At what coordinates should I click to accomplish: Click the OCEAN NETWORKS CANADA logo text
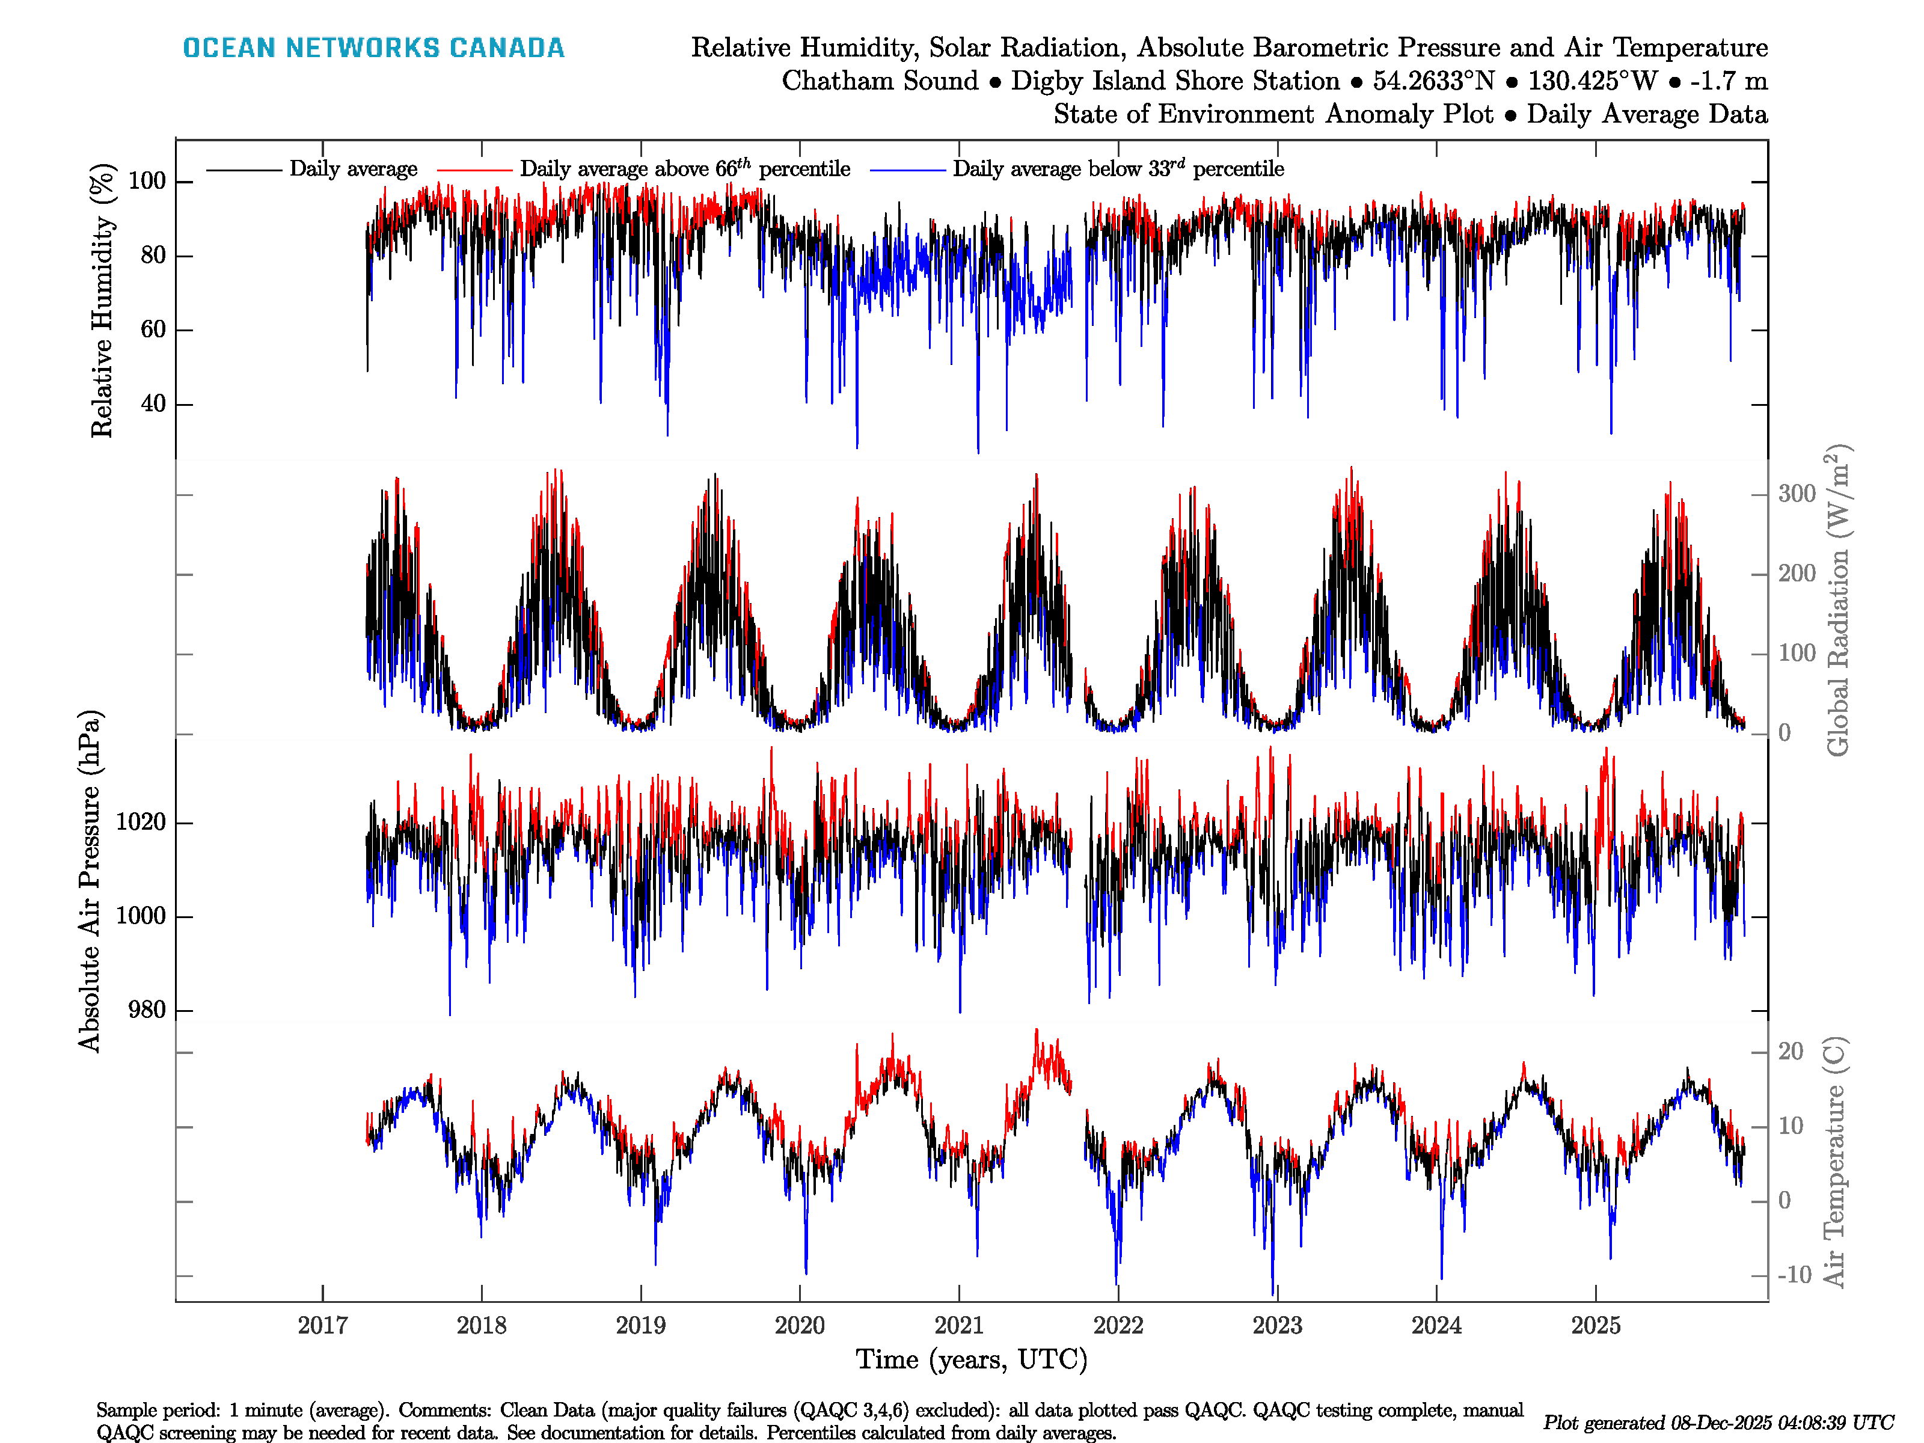pyautogui.click(x=373, y=48)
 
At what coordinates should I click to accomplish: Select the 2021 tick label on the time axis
pyautogui.click(x=958, y=1326)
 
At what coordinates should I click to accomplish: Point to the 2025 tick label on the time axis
pyautogui.click(x=1595, y=1326)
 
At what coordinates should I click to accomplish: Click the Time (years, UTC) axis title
pyautogui.click(x=972, y=1359)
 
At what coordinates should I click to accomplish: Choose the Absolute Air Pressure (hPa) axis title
pyautogui.click(x=90, y=881)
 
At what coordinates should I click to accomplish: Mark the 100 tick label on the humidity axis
pyautogui.click(x=147, y=181)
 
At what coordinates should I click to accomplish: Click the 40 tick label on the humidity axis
pyautogui.click(x=153, y=403)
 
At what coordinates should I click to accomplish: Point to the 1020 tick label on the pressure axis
pyautogui.click(x=140, y=822)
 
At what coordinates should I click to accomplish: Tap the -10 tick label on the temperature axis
pyautogui.click(x=1794, y=1275)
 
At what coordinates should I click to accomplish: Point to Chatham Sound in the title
pyautogui.click(x=880, y=81)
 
